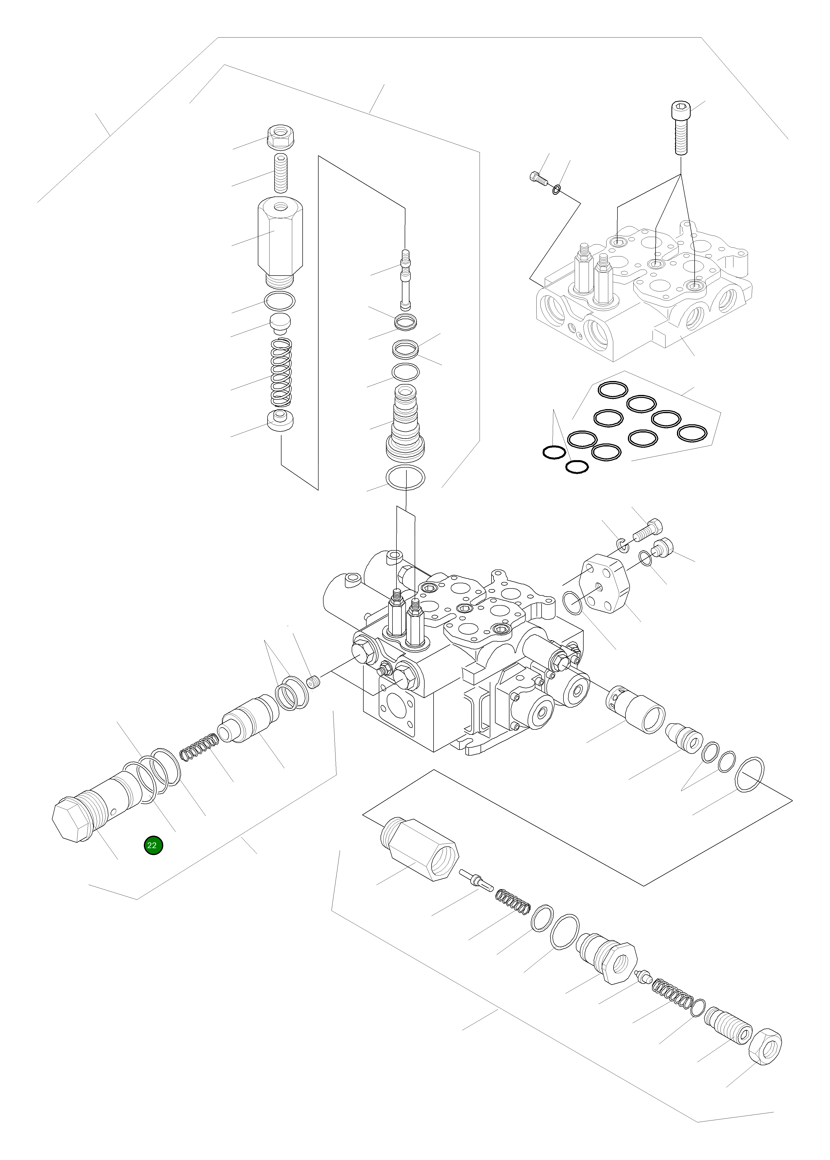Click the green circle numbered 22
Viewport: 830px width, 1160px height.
(153, 845)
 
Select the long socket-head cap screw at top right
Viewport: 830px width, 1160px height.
(680, 128)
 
